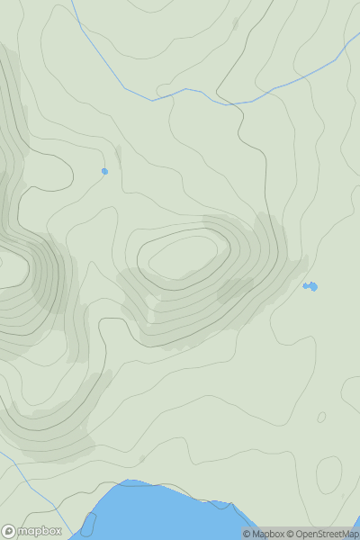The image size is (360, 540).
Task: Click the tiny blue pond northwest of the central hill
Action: [x=104, y=171]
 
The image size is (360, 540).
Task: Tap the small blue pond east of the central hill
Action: [x=310, y=286]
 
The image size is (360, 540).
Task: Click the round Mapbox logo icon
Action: [x=10, y=531]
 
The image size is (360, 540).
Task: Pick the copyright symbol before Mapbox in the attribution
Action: [x=247, y=534]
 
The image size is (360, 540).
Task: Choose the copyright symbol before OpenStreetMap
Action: [x=291, y=534]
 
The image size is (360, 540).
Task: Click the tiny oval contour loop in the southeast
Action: [x=321, y=418]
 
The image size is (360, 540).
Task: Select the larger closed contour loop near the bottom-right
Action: [x=329, y=474]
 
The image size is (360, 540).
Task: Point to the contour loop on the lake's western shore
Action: [x=89, y=522]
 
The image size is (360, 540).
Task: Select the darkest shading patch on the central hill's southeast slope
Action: [x=236, y=290]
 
